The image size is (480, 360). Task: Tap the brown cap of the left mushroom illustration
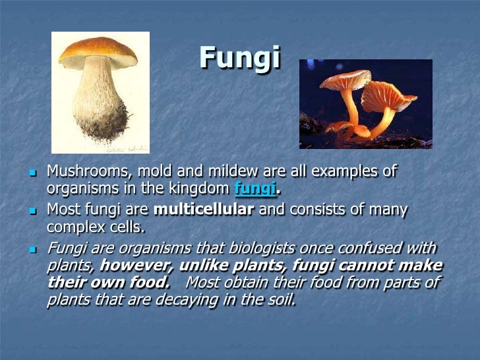[x=98, y=52]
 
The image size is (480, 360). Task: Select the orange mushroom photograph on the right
[x=366, y=104]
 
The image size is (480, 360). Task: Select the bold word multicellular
[x=204, y=211]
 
